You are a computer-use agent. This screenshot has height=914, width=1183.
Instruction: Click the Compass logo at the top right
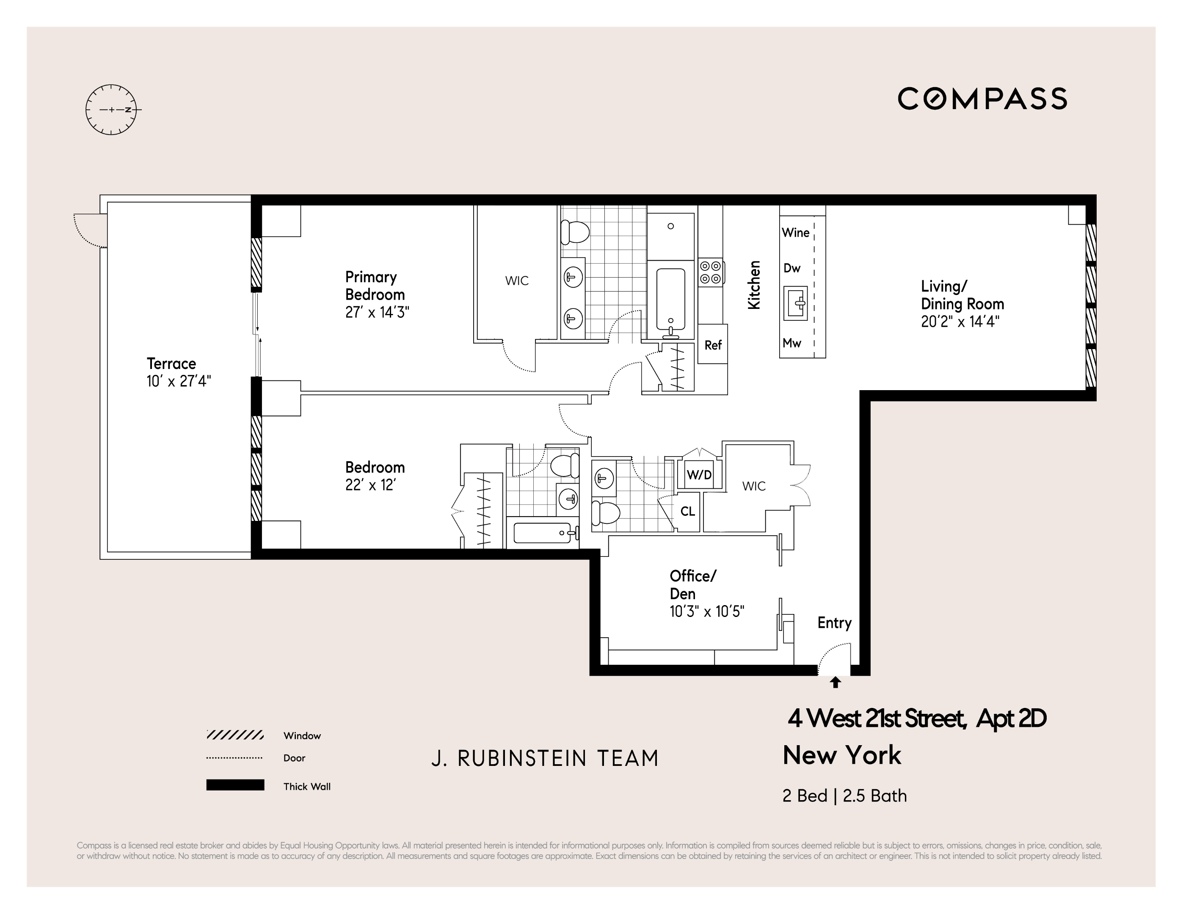[982, 99]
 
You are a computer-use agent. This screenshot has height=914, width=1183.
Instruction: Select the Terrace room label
[171, 363]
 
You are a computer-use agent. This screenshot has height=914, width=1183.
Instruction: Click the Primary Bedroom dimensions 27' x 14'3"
[377, 312]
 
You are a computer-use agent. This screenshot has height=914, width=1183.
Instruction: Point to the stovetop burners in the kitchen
[710, 273]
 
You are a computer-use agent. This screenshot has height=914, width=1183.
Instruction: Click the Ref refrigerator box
[713, 345]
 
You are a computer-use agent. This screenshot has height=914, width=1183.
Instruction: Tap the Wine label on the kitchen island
[795, 233]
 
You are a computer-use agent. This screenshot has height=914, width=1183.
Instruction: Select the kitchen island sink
[796, 304]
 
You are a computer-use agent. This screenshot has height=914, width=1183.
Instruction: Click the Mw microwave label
[791, 343]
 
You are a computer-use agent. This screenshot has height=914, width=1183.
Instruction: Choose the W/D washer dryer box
[699, 475]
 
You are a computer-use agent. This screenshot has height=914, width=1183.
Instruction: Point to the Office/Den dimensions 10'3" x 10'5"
[706, 612]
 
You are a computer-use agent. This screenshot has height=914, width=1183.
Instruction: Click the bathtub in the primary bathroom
[670, 300]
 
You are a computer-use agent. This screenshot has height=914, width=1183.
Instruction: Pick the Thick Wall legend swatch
[235, 785]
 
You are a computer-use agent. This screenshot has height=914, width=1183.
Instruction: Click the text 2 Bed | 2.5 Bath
[844, 796]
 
